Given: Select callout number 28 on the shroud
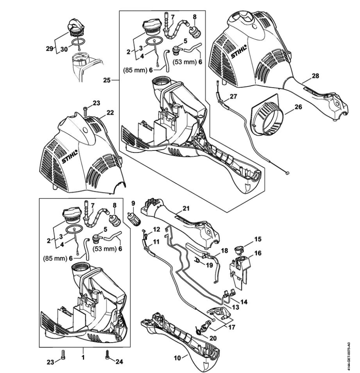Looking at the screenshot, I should tap(316, 76).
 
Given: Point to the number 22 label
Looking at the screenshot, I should tap(110, 112).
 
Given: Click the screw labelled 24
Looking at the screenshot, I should tap(107, 353).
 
